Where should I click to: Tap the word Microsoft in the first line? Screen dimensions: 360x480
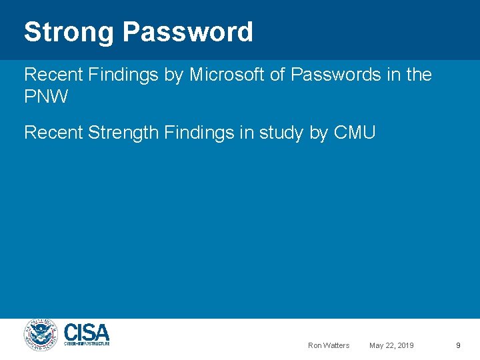click(227, 75)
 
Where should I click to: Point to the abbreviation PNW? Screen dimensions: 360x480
click(46, 97)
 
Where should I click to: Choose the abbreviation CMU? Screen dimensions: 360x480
click(355, 133)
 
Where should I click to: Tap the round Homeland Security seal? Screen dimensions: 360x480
click(42, 335)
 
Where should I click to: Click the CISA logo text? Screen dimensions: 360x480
click(87, 331)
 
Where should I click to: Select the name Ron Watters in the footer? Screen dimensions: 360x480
click(329, 345)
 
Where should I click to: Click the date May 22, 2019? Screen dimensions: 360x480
click(391, 345)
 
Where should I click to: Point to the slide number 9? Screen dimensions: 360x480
click(458, 345)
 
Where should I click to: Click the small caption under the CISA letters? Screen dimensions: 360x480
click(87, 343)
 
